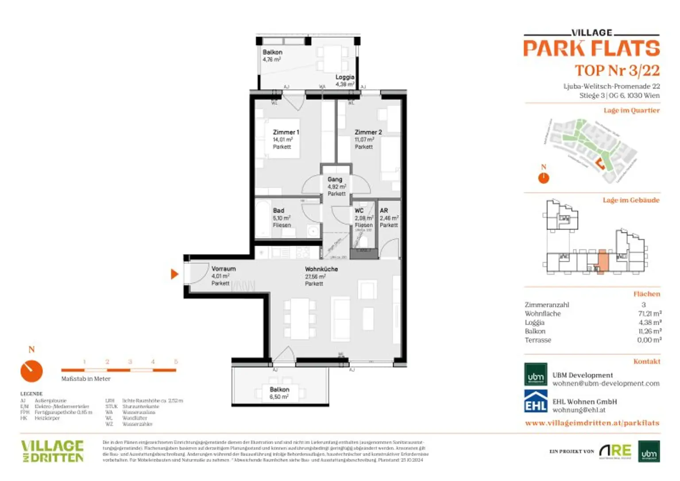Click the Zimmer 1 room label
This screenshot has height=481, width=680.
click(286, 132)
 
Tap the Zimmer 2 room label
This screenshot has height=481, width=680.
click(368, 132)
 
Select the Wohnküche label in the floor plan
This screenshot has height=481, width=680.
click(321, 269)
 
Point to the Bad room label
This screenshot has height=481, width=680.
click(278, 211)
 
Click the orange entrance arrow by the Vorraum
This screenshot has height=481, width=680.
click(174, 274)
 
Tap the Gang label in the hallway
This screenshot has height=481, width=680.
click(335, 180)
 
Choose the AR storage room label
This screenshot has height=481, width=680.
click(384, 211)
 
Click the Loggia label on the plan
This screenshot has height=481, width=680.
click(344, 77)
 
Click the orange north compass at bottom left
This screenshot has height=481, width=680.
click(31, 371)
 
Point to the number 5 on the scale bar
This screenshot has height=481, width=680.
click(176, 362)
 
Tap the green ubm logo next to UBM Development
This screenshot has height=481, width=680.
click(536, 375)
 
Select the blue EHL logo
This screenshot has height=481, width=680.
click(536, 401)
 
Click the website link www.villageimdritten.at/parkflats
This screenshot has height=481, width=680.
click(592, 423)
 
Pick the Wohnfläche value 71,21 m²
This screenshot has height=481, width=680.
click(649, 314)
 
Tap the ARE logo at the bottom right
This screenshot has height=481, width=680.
click(615, 451)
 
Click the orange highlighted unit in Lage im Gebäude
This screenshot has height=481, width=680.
click(602, 261)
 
